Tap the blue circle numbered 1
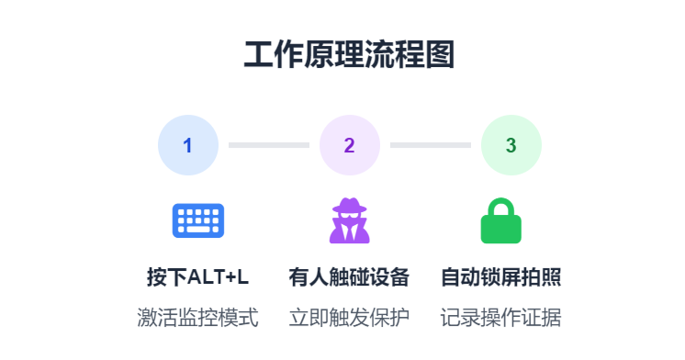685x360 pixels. (188, 145)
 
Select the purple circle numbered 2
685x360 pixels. (350, 145)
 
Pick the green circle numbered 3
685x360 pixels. (511, 145)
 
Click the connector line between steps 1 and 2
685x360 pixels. (268, 145)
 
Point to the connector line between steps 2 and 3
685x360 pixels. (430, 145)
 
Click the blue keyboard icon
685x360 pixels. (198, 220)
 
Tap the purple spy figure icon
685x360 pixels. (349, 221)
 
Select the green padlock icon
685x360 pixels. (501, 221)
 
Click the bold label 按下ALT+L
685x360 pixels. (198, 277)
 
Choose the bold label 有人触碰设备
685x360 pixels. (349, 277)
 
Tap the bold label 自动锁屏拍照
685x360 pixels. (501, 277)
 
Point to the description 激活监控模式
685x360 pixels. (198, 318)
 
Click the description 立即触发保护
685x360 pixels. (349, 318)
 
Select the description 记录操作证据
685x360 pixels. (501, 318)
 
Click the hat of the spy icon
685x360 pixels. (349, 206)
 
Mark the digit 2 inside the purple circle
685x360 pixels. (350, 145)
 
